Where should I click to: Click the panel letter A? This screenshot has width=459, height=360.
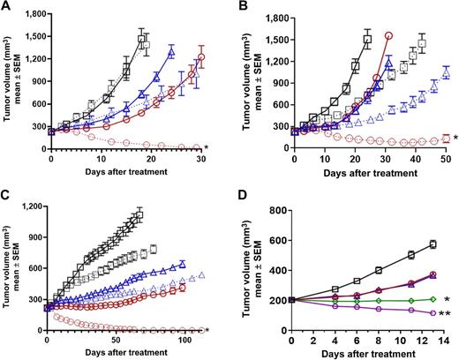click(7, 8)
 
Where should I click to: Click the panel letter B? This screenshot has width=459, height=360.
click(242, 8)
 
